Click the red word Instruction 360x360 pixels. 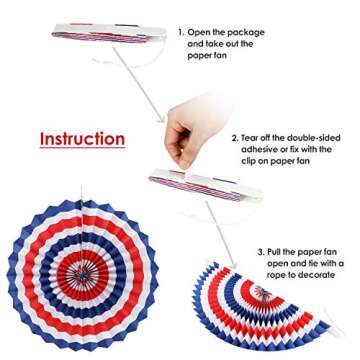[x=82, y=138]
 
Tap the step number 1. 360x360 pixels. [x=181, y=32]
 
